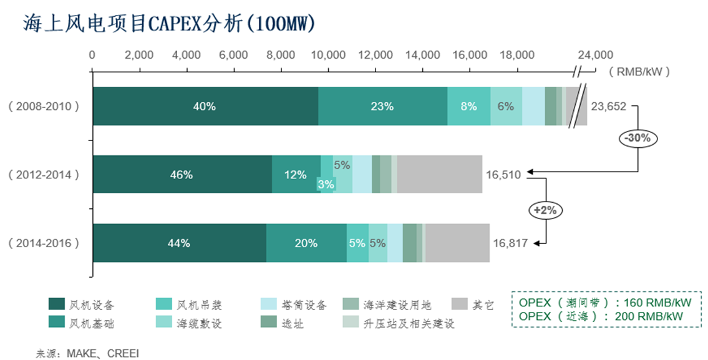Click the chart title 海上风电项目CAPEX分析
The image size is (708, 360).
(x=168, y=23)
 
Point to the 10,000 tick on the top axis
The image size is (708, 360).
(x=328, y=55)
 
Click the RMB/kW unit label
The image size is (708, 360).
(x=642, y=72)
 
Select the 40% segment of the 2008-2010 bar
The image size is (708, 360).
(x=205, y=106)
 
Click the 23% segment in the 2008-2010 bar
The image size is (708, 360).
(x=382, y=106)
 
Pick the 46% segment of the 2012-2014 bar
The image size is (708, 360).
(x=182, y=175)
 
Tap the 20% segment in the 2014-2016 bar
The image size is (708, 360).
(x=306, y=243)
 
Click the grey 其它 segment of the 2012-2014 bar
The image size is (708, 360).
(x=440, y=175)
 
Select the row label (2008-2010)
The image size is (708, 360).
(x=44, y=106)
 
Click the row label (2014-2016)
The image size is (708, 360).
(x=44, y=243)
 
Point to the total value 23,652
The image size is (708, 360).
(x=608, y=106)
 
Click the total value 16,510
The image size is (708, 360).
(x=503, y=175)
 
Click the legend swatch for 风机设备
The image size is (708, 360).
(x=57, y=304)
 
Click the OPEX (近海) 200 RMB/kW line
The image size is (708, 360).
(x=601, y=316)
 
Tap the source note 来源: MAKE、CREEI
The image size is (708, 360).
(x=87, y=354)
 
